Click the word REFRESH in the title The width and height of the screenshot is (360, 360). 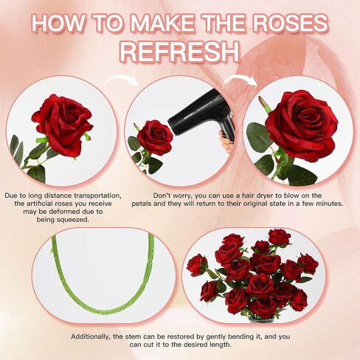(180, 52)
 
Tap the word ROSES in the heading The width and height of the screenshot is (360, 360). (290, 23)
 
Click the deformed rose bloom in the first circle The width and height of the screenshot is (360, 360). (63, 125)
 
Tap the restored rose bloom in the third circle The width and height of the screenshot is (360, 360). (302, 125)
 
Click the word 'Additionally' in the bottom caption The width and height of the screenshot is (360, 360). (91, 336)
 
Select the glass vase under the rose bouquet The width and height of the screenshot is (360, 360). (261, 319)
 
